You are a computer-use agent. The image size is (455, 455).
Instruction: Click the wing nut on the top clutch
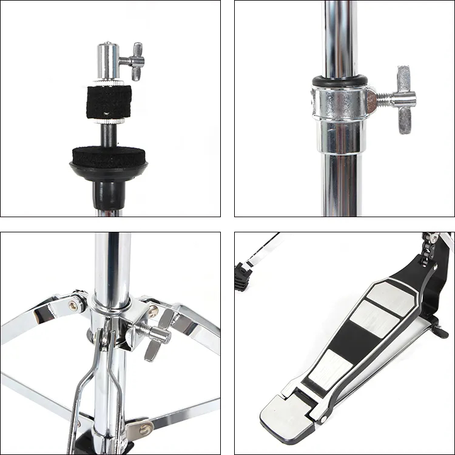[x=135, y=61]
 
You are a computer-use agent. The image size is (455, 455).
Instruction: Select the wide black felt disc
[x=109, y=157]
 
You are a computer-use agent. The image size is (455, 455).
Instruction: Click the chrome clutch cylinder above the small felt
[x=109, y=61]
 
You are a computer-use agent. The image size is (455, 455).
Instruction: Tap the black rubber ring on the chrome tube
[x=340, y=81]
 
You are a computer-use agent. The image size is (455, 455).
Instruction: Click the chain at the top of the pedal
[x=431, y=246]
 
